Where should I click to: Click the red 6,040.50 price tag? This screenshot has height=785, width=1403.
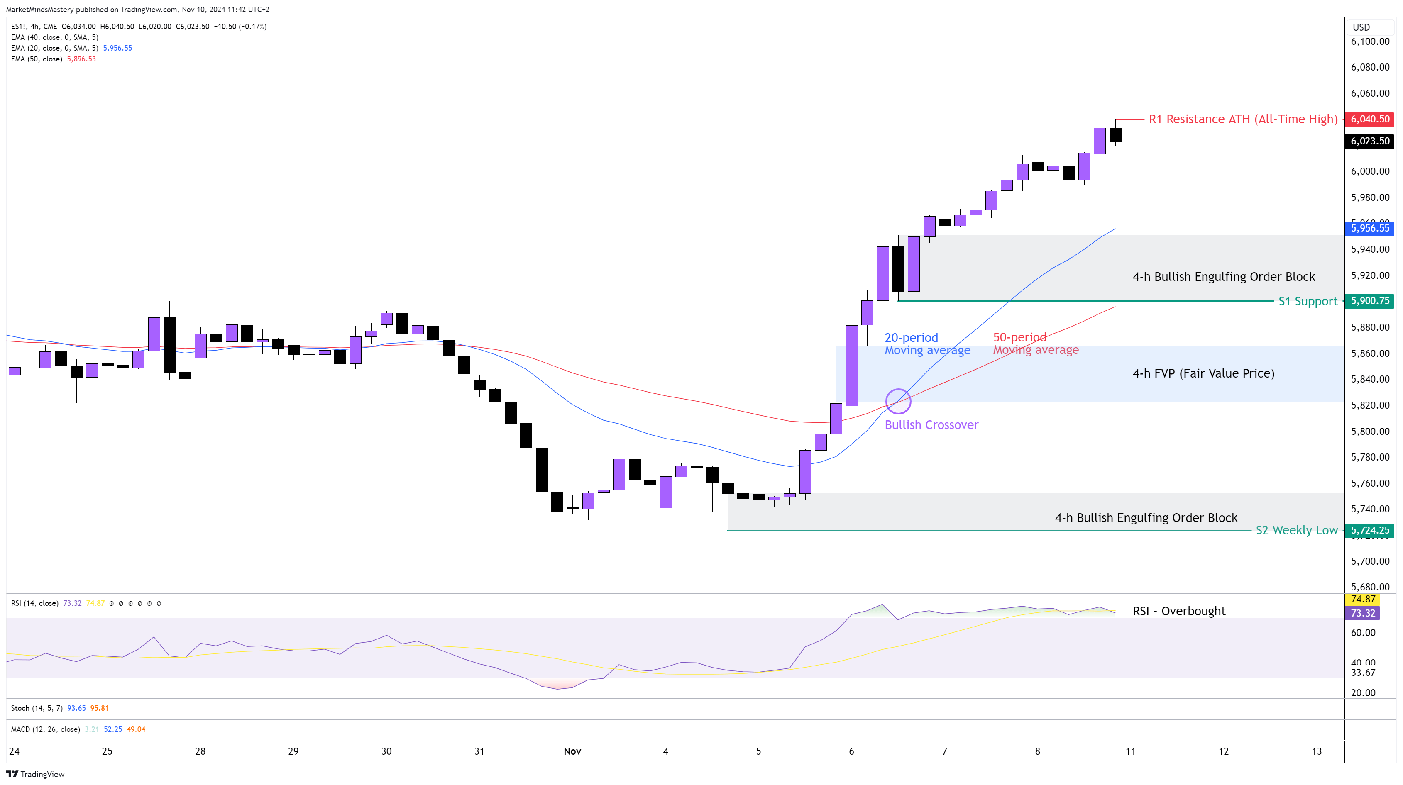[1370, 119]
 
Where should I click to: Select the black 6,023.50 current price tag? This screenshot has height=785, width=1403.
[1370, 141]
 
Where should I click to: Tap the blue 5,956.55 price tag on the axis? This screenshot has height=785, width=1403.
[1370, 228]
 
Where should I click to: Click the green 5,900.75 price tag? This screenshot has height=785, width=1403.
[1370, 301]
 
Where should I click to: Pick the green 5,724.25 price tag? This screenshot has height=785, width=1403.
[1370, 530]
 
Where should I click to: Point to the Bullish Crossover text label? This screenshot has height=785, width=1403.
[931, 424]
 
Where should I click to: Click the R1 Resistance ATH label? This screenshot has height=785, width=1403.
[1243, 119]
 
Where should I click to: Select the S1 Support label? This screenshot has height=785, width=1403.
[1308, 301]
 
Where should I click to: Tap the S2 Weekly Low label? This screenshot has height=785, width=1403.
[1296, 530]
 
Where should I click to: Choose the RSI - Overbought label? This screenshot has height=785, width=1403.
[1178, 611]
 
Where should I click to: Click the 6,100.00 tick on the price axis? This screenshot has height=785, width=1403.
[1370, 41]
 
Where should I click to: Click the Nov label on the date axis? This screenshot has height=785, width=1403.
[572, 751]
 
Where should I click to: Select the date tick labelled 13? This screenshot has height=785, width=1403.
[1316, 751]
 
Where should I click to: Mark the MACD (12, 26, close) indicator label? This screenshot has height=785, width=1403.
[46, 729]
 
